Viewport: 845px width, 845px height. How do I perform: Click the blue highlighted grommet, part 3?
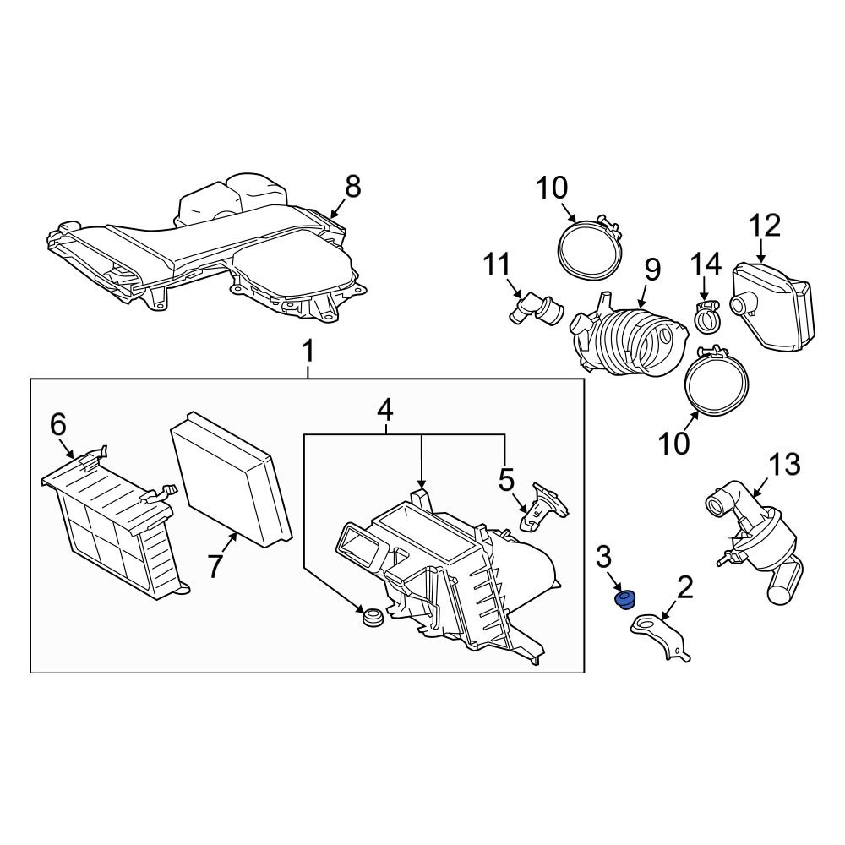click(x=625, y=600)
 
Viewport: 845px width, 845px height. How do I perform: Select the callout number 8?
click(x=352, y=187)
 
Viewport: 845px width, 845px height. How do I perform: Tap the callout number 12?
click(x=764, y=226)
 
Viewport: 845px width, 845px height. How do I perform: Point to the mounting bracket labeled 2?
click(x=663, y=634)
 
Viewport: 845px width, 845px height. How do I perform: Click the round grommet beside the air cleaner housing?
click(x=370, y=617)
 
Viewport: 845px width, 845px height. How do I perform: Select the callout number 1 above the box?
click(x=308, y=350)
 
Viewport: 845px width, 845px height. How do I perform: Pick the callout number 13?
click(x=784, y=464)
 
